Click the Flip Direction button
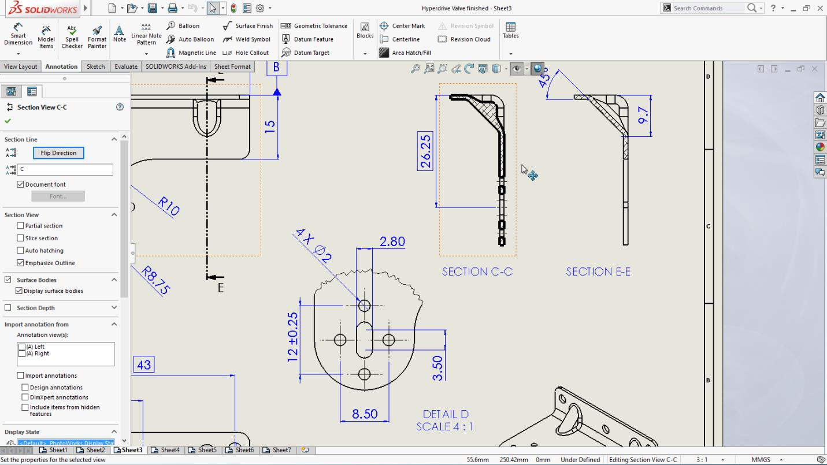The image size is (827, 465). click(58, 153)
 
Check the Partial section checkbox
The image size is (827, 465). click(21, 226)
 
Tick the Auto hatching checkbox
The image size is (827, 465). click(21, 251)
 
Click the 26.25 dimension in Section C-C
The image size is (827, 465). click(425, 151)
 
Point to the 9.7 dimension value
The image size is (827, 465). click(643, 115)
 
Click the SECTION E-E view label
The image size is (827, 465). click(598, 271)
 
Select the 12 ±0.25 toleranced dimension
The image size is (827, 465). click(293, 337)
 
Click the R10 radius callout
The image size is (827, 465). click(168, 206)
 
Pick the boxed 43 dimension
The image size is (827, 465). click(144, 365)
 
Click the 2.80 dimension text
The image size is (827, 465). click(392, 241)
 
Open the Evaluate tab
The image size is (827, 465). click(126, 66)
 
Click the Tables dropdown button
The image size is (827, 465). click(511, 53)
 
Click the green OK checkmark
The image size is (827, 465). click(8, 121)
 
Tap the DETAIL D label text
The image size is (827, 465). click(446, 414)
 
